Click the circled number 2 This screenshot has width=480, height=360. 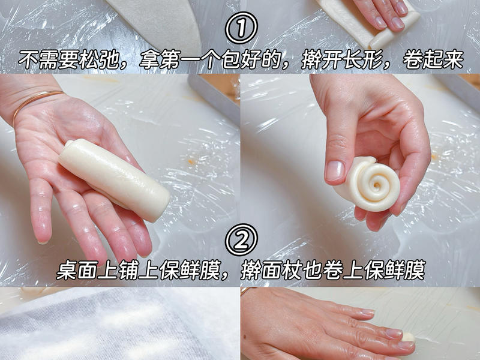241,241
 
